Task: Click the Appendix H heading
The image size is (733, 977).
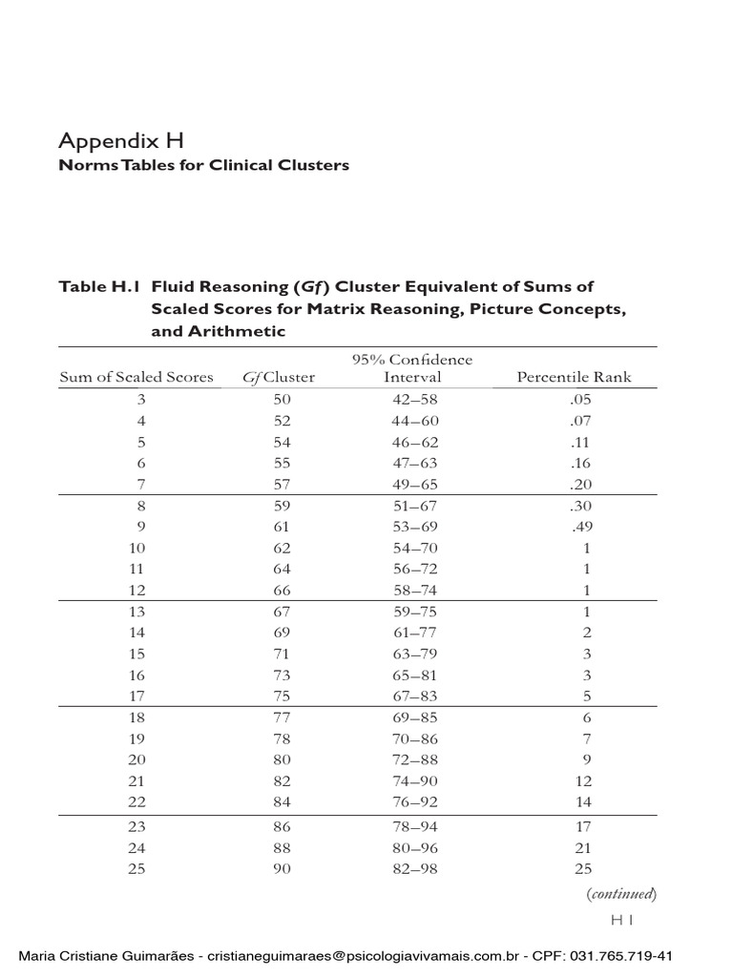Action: point(120,141)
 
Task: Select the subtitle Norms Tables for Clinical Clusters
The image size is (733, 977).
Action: point(203,166)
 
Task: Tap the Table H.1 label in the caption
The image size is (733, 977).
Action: point(99,286)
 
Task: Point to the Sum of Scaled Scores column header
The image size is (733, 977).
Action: point(136,377)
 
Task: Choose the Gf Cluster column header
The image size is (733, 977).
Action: point(279,377)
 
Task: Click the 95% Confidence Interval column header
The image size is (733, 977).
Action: point(412,368)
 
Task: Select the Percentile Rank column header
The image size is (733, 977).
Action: point(574,377)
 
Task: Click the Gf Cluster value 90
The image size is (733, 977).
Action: point(282,868)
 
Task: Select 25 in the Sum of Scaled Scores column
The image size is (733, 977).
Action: point(141,868)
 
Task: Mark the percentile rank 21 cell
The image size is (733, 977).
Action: point(583,847)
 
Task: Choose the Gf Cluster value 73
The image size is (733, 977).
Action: point(282,675)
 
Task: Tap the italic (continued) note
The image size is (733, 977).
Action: point(621,894)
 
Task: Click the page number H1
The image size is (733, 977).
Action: point(622,920)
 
